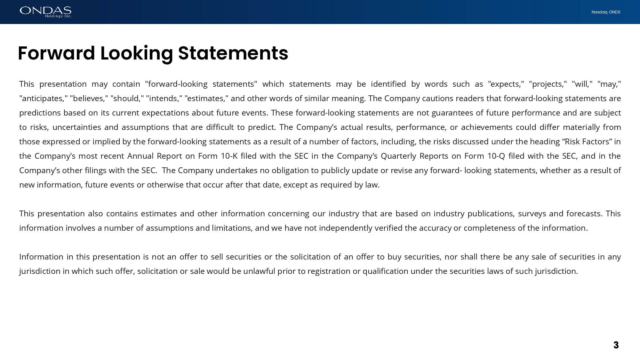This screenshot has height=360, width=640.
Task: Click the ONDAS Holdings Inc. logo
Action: [x=45, y=12]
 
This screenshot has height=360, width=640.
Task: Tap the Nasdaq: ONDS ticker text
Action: [x=606, y=12]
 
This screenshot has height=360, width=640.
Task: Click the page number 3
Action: [x=616, y=345]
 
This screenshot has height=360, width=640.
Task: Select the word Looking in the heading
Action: [x=137, y=53]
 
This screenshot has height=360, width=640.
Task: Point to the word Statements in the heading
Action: [x=233, y=53]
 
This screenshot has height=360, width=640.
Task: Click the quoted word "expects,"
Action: [x=506, y=84]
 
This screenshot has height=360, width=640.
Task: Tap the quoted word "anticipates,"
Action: [x=44, y=99]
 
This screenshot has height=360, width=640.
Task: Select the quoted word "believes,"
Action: [x=89, y=99]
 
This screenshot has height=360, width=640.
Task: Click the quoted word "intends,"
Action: [x=164, y=99]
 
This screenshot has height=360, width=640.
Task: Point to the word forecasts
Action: [x=584, y=214]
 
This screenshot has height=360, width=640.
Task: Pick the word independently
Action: [x=345, y=228]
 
